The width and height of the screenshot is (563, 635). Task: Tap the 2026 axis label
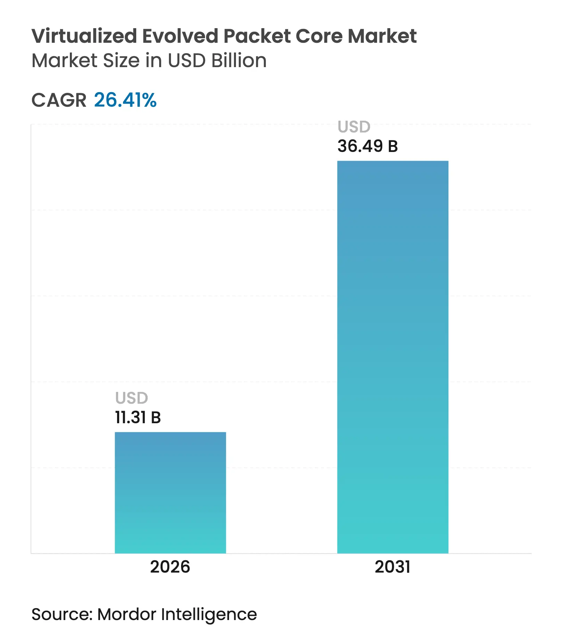coord(170,567)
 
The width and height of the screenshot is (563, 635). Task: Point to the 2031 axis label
coord(392,567)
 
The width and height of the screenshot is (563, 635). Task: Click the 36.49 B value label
coord(367,146)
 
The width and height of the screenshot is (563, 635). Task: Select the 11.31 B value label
coord(138,417)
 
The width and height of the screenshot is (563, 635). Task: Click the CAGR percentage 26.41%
coord(125,100)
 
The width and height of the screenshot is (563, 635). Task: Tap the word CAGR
coord(59,101)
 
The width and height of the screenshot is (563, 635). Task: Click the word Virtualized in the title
coord(84,36)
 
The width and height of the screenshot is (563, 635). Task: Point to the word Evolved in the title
coord(180,36)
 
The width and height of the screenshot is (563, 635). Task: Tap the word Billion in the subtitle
coord(239,61)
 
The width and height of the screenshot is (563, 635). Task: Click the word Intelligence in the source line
coord(209,615)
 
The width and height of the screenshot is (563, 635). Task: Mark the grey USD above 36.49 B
coord(354,127)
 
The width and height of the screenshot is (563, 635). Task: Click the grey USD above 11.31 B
coord(131,398)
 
